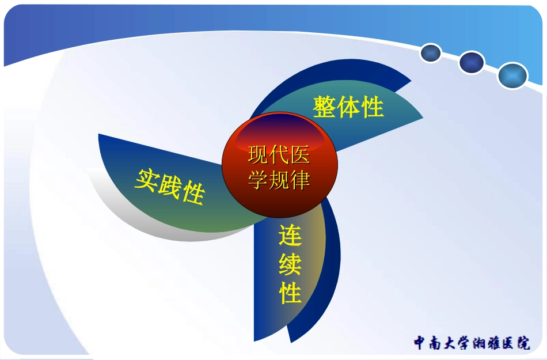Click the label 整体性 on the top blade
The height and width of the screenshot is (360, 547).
click(x=348, y=107)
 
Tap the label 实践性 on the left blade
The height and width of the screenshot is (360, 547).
click(x=170, y=186)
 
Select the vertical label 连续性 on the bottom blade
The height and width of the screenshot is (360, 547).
click(x=291, y=264)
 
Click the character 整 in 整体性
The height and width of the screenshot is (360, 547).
click(x=325, y=107)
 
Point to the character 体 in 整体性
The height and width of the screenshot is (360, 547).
click(x=349, y=107)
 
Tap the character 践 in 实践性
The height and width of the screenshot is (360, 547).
click(x=169, y=186)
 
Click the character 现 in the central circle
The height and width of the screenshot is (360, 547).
click(x=259, y=154)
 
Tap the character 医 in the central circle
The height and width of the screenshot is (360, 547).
click(x=300, y=154)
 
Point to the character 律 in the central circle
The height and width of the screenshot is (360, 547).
click(x=300, y=180)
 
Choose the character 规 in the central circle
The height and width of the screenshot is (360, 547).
click(x=279, y=180)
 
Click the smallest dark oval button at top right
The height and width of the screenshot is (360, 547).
click(x=431, y=54)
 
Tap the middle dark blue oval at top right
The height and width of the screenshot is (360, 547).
click(x=472, y=62)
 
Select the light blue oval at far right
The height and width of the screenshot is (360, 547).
click(x=512, y=75)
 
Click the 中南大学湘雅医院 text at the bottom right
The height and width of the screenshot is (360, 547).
click(x=472, y=343)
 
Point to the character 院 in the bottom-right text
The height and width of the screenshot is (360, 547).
click(x=523, y=343)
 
